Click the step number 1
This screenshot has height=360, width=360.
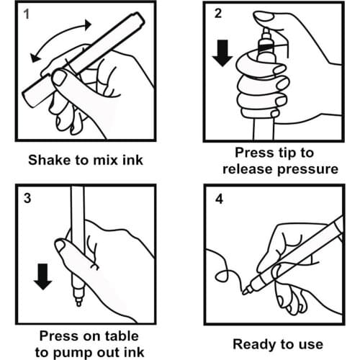tap(27, 14)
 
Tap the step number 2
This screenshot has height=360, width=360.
tap(218, 13)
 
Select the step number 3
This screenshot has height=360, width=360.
tap(27, 198)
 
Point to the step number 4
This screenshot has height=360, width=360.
tap(219, 199)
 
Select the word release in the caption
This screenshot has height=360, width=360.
tap(248, 169)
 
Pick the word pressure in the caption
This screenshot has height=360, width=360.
tap(308, 170)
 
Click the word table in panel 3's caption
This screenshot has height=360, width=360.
tap(122, 336)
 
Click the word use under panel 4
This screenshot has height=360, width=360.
tap(311, 346)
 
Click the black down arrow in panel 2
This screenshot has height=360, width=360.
tap(222, 53)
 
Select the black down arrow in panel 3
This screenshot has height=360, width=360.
tap(42, 276)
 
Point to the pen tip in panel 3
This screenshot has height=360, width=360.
tap(78, 303)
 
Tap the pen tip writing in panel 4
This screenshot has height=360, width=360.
tap(246, 292)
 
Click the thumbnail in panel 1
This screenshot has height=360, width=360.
tap(58, 78)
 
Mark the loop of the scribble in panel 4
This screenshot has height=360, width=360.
tap(222, 276)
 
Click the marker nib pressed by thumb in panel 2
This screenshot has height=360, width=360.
tap(266, 31)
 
